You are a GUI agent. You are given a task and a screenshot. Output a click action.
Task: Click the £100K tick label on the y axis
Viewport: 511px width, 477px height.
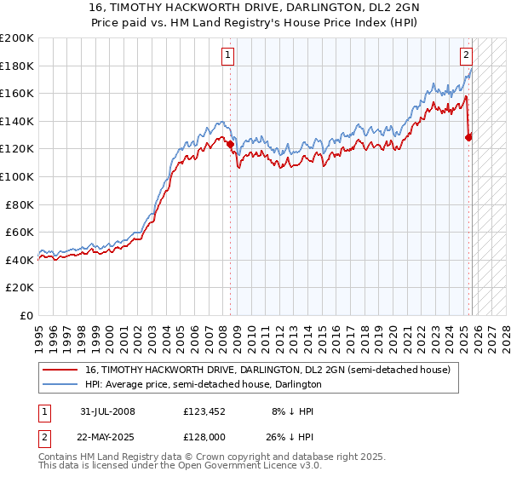click(x=17, y=176)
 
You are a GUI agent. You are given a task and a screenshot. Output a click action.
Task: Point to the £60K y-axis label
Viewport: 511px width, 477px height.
click(x=20, y=232)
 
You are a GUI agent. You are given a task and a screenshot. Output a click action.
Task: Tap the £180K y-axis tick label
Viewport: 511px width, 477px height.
click(x=17, y=66)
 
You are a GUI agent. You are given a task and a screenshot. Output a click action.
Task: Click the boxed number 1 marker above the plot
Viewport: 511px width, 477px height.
click(x=229, y=56)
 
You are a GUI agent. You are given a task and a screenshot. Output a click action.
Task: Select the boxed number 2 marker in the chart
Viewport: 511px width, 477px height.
click(x=467, y=56)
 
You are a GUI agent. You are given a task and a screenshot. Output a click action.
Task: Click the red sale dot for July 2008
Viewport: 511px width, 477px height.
click(x=230, y=145)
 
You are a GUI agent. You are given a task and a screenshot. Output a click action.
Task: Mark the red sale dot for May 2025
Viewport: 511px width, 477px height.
click(x=469, y=136)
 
